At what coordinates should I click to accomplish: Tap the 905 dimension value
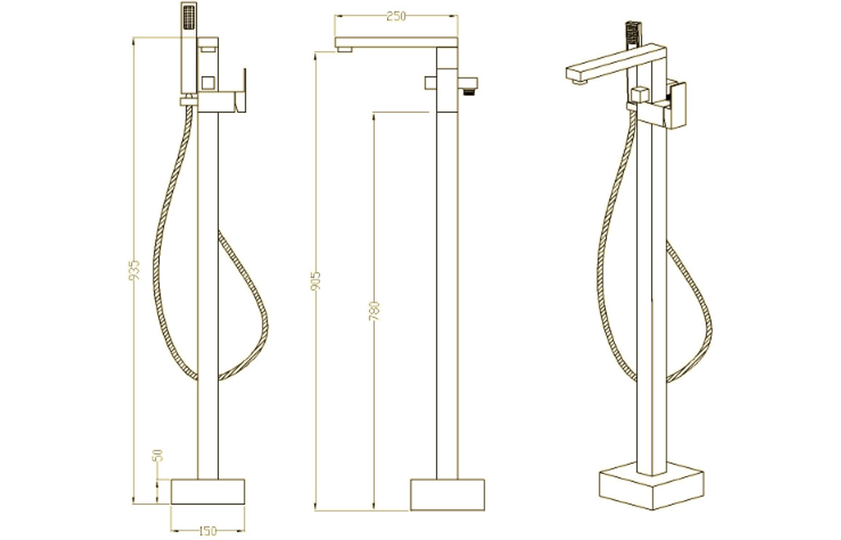[316, 281]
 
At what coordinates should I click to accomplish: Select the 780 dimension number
[375, 312]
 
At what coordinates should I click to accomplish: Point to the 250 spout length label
[396, 17]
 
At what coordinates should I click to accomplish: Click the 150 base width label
[207, 531]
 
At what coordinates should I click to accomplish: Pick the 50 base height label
[158, 456]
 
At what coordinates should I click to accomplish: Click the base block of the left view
[207, 492]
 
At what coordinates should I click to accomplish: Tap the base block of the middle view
[447, 494]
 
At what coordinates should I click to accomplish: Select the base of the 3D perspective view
[650, 484]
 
